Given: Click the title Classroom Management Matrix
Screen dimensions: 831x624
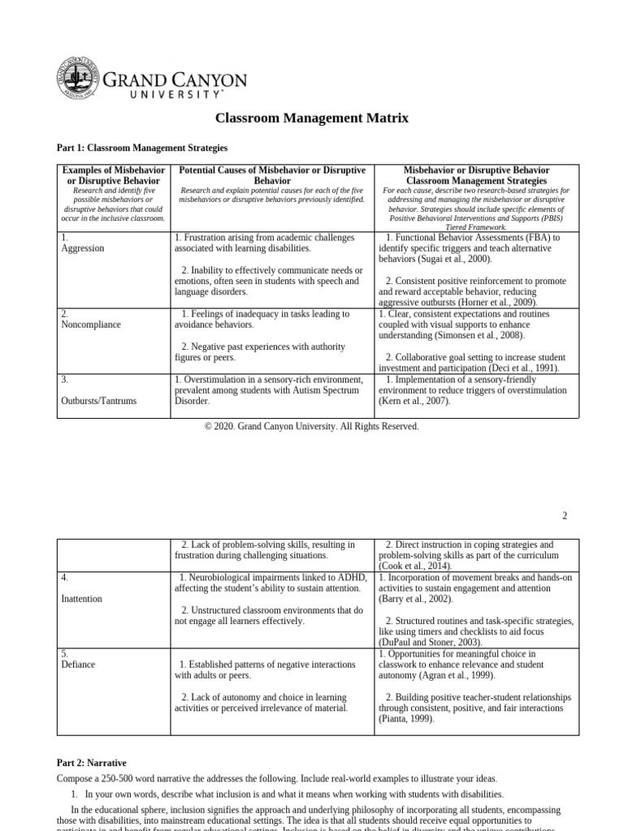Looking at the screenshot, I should click(311, 118).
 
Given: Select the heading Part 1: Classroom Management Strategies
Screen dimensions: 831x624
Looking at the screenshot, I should click(141, 149).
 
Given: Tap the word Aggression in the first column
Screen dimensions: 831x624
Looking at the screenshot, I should click(83, 248).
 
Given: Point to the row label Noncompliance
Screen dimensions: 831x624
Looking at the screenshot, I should click(91, 325).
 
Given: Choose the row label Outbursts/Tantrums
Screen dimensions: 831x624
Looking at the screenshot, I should click(99, 401).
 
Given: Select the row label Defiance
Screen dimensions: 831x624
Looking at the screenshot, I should click(78, 665).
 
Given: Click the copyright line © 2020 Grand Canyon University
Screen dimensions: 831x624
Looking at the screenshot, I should click(311, 427).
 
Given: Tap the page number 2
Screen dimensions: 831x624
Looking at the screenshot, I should click(564, 515).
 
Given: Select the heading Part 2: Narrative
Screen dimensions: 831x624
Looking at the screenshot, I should click(91, 763).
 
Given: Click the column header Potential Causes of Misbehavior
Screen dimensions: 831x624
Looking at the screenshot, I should click(271, 176).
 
